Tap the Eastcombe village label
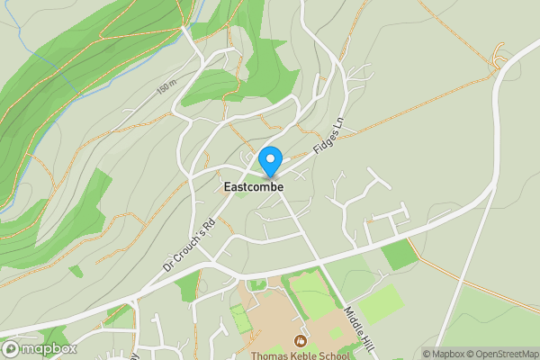coord(253,187)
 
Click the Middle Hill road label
coord(359,328)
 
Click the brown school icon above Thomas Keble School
coord(300,340)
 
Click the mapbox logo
coord(39,348)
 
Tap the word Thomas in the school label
coord(269,355)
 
